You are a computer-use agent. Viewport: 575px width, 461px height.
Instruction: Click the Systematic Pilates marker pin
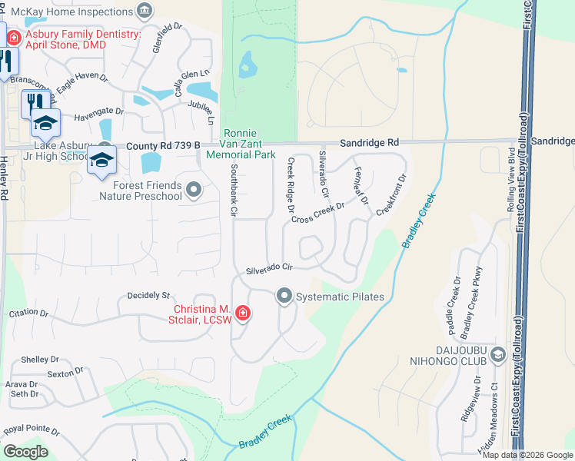284,296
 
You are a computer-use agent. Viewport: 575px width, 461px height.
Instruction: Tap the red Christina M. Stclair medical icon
242,313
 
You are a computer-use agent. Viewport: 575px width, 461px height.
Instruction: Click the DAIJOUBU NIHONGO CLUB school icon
498,354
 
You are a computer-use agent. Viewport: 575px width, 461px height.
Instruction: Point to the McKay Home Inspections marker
143,10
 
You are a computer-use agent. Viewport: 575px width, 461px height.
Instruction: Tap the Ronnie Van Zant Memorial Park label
241,144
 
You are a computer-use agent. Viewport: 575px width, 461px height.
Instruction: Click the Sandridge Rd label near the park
371,143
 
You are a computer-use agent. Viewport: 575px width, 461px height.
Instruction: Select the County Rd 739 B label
163,144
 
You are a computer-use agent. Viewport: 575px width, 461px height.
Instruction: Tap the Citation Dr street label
28,313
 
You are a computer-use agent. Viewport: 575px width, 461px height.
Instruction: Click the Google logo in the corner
25,452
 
